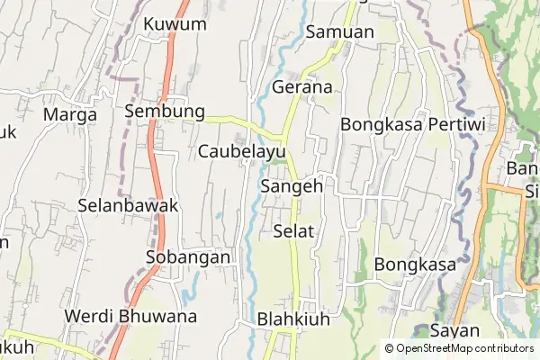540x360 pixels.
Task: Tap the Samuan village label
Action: pyautogui.click(x=339, y=31)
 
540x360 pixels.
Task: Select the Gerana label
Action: pyautogui.click(x=302, y=87)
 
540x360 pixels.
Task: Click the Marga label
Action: pyautogui.click(x=69, y=114)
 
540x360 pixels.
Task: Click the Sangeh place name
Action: pyautogui.click(x=291, y=186)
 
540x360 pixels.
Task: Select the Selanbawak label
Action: pyautogui.click(x=128, y=204)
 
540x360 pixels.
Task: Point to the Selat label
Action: pyautogui.click(x=292, y=231)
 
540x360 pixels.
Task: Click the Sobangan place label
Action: pyautogui.click(x=188, y=257)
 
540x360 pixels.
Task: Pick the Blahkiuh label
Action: pyautogui.click(x=294, y=319)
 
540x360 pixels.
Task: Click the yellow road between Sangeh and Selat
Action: pyautogui.click(x=294, y=209)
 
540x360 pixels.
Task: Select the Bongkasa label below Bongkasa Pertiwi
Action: pyautogui.click(x=415, y=265)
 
